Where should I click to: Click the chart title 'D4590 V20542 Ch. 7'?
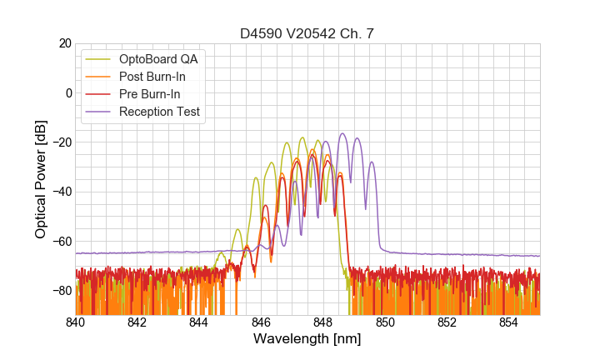pyautogui.click(x=307, y=33)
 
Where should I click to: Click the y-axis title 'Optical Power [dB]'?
pyautogui.click(x=41, y=179)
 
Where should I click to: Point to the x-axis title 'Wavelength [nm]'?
pyautogui.click(x=307, y=339)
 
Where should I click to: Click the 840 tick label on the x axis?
pyautogui.click(x=75, y=322)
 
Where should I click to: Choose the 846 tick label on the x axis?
pyautogui.click(x=261, y=322)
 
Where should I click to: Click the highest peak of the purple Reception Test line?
pyautogui.click(x=342, y=133)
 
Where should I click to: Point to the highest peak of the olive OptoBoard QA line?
pyautogui.click(x=302, y=137)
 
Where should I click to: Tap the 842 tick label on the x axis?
pyautogui.click(x=137, y=322)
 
